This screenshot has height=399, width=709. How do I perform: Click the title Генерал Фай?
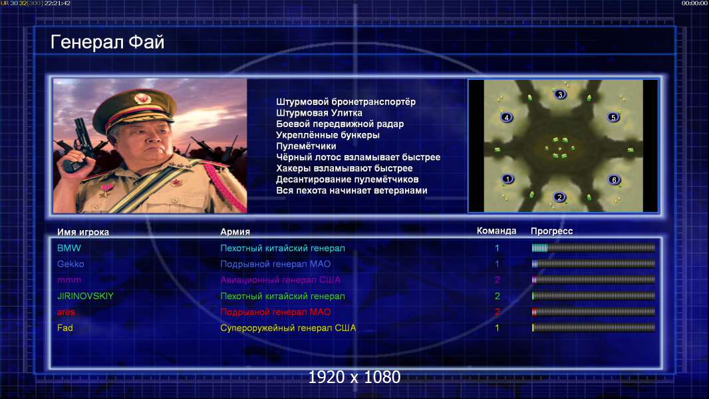pos(107,42)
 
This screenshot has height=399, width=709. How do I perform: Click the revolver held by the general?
pos(78,144)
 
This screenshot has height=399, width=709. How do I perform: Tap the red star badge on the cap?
pos(142,98)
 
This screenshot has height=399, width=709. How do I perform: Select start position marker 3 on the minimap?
pos(560,94)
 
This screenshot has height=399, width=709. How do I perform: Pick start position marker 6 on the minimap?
pos(614,180)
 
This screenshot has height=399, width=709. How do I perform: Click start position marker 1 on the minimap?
pos(507,179)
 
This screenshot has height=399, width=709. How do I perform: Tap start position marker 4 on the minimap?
pos(506,118)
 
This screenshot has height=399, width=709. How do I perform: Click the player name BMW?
pos(69,248)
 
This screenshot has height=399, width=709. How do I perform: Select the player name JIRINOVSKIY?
pos(85,296)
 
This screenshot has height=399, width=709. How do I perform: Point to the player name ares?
pos(66,313)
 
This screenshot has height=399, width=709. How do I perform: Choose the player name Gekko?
pos(71,264)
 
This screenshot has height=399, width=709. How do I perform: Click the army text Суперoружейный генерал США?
pos(288,328)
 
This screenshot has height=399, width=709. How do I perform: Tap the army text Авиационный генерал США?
pos(281,280)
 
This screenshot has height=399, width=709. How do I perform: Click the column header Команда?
pos(496,231)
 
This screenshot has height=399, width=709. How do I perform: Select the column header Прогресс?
pos(551,231)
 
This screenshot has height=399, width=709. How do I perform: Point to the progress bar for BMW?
pos(593,247)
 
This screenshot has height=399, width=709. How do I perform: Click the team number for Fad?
pos(497,328)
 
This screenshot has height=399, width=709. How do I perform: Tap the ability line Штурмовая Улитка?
pos(319,113)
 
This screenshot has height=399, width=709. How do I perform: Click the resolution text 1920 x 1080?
pos(354,377)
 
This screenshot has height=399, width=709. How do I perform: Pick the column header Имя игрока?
pos(82,232)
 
